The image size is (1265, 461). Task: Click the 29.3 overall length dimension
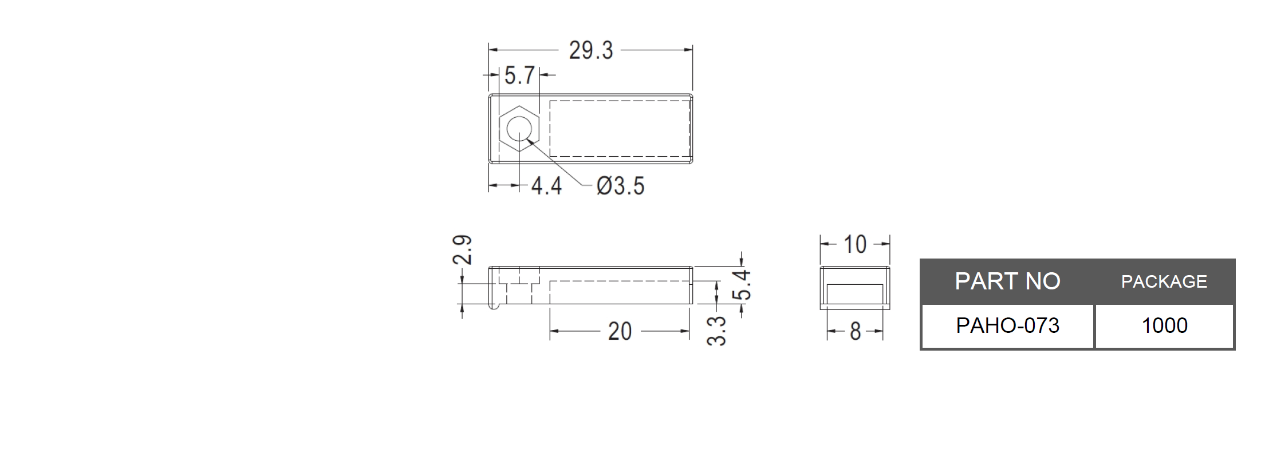(x=590, y=50)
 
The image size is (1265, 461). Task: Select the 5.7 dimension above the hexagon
(x=519, y=75)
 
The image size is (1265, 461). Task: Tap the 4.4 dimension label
(x=546, y=186)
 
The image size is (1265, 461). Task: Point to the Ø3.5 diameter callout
(x=620, y=186)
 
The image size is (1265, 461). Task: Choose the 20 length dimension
(x=620, y=331)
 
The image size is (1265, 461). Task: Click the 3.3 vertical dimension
(x=716, y=331)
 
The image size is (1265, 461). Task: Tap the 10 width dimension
(x=855, y=245)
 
